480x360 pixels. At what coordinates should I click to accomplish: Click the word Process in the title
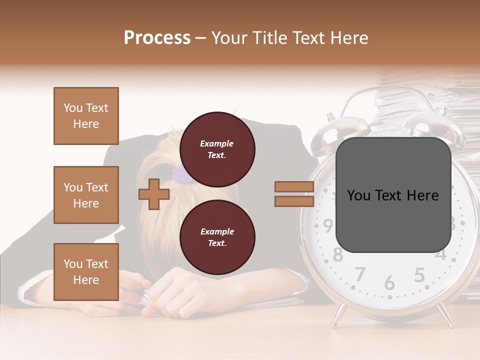[x=157, y=38]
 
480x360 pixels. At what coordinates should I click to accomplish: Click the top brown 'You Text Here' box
[x=86, y=116]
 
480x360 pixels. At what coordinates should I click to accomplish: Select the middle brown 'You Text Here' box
[x=86, y=195]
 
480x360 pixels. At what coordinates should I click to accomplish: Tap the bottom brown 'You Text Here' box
[x=86, y=272]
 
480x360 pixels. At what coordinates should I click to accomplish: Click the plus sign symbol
[x=154, y=194]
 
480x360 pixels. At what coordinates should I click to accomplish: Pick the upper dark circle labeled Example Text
[x=217, y=149]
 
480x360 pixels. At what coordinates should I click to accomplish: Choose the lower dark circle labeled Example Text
[x=217, y=237]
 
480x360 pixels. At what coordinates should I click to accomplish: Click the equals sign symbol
[x=294, y=194]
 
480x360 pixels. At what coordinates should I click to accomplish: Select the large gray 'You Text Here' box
[x=393, y=195]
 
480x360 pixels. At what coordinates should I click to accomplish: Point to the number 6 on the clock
[x=389, y=283]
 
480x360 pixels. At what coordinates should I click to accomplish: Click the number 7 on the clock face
[x=359, y=274]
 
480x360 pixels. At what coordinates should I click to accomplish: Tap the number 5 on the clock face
[x=419, y=275]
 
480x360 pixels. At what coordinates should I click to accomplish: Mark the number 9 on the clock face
[x=327, y=226]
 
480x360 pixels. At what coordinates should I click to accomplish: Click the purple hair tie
[x=179, y=174]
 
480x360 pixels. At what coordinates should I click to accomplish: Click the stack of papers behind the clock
[x=430, y=100]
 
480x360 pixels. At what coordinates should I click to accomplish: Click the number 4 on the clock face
[x=440, y=254]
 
